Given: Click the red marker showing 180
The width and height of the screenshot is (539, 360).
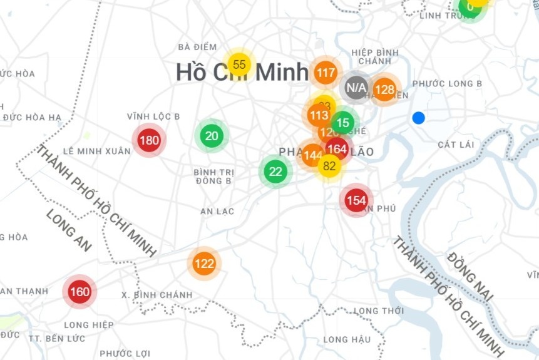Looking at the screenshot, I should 149,140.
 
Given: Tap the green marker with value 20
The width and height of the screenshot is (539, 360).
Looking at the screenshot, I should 212,136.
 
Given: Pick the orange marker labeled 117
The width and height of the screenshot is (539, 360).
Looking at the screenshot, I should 326,73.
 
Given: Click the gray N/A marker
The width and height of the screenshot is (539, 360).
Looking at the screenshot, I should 356,87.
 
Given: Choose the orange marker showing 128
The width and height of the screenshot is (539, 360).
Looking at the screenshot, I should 384,90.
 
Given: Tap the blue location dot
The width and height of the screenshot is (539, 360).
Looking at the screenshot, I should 419,118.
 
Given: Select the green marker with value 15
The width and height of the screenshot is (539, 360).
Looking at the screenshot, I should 342,123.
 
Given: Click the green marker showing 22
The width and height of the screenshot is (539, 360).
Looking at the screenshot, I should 275,171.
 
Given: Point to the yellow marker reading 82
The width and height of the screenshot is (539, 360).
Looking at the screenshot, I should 329,166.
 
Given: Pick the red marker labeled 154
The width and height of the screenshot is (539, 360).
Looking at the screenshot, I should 356,200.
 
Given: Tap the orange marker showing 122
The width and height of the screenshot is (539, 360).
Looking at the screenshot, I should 204,264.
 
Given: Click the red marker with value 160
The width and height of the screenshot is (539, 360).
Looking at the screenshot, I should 80,292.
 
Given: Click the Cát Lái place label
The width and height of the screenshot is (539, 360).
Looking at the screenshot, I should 456,145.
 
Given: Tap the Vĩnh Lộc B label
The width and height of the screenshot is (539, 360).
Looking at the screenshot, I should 153,116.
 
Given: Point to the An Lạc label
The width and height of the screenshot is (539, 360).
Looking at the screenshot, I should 217,212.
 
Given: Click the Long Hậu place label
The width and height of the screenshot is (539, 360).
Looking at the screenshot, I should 347,339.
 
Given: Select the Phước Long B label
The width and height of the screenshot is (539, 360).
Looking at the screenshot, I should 448,84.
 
